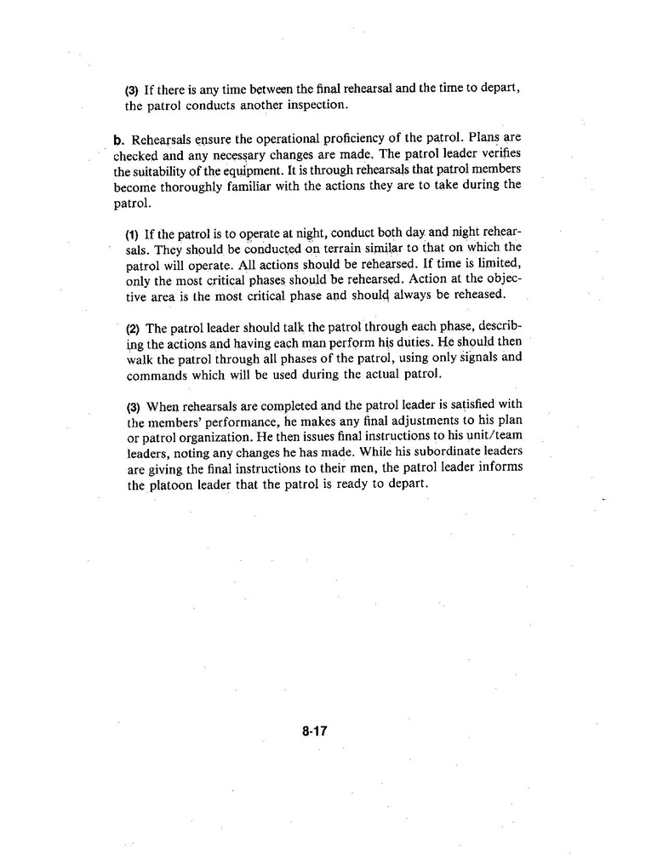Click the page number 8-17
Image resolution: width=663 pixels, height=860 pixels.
315,731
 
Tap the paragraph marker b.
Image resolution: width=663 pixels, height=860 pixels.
118,139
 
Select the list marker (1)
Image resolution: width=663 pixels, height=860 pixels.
132,233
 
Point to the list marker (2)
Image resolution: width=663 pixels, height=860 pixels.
133,329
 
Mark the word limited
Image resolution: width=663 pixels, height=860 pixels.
495,264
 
